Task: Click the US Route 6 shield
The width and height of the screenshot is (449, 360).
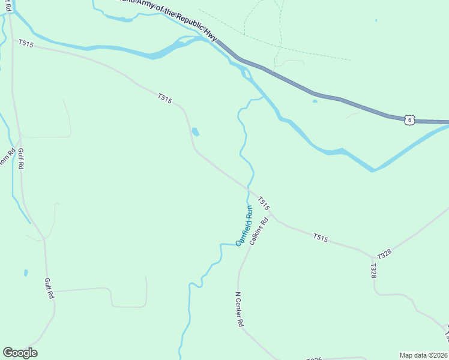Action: coord(409,120)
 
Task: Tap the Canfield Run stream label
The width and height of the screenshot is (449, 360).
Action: coord(244,226)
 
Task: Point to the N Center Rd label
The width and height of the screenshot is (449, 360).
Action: coord(239,310)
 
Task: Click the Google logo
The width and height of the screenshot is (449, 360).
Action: coord(20,353)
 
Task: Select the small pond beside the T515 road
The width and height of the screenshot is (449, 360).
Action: coord(195,132)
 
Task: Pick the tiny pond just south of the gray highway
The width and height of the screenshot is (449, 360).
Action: coord(315,101)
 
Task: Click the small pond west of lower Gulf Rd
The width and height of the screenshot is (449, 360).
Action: coord(26,273)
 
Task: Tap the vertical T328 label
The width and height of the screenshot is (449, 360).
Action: coord(373,271)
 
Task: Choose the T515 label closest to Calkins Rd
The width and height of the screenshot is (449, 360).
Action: coord(264,203)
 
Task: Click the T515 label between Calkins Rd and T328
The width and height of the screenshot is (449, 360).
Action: coord(320,238)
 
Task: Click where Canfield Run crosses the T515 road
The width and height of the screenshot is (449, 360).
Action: coord(248,188)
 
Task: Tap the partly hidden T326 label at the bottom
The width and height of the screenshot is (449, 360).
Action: coord(314,359)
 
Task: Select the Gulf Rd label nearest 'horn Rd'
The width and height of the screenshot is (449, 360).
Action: coord(20,159)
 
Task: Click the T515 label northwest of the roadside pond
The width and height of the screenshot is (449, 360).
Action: coord(165,98)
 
